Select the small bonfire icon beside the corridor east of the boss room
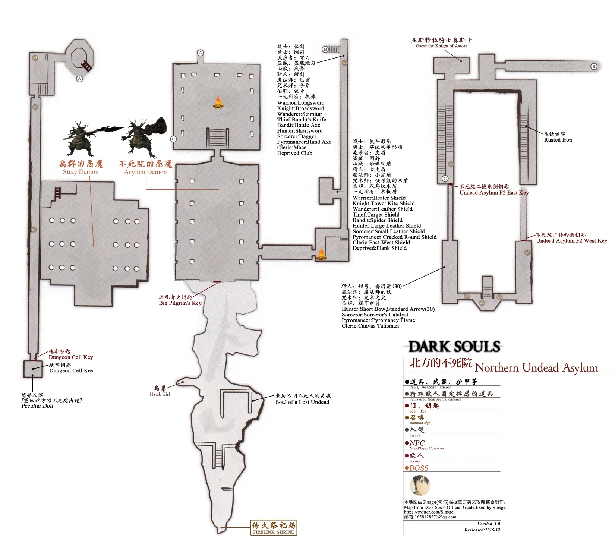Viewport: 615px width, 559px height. (x=321, y=254)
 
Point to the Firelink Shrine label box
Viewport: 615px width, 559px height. (x=274, y=528)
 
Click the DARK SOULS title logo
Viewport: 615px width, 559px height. (x=454, y=347)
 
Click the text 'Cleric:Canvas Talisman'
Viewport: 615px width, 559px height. (x=370, y=326)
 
